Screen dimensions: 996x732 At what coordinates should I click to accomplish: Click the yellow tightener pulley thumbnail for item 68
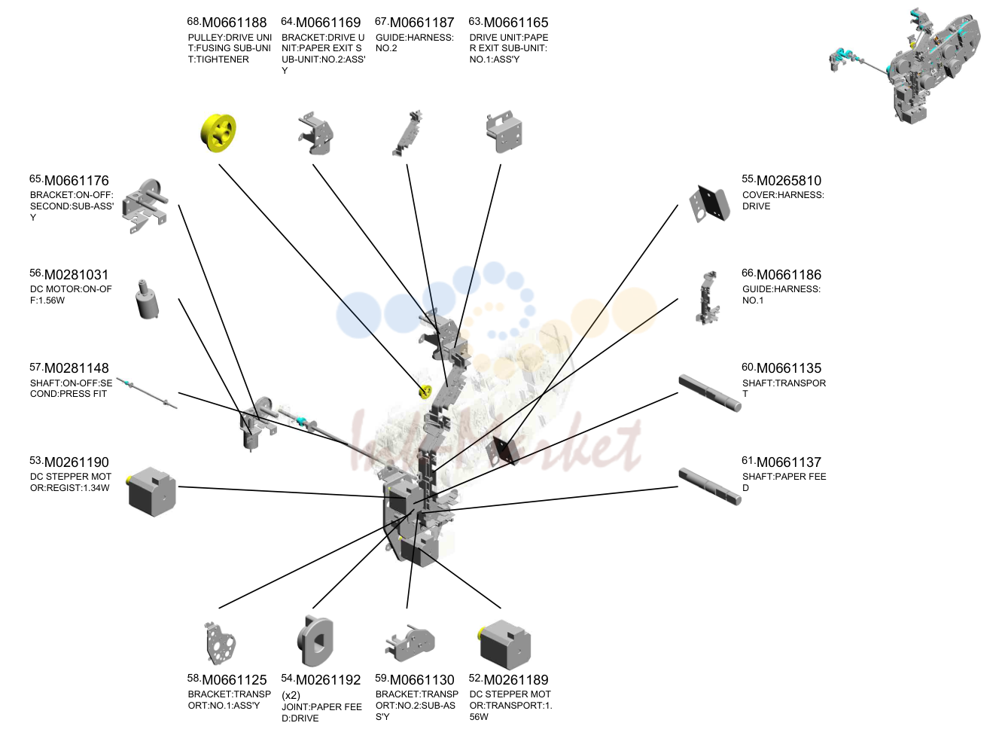point(218,133)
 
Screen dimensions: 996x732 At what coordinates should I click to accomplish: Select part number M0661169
point(328,23)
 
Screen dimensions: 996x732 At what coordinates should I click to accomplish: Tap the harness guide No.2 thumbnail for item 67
point(408,133)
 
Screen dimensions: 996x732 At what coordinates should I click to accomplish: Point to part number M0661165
point(516,23)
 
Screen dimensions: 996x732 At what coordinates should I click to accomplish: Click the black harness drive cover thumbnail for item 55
point(710,203)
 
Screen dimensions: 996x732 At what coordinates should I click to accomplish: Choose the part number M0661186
point(789,274)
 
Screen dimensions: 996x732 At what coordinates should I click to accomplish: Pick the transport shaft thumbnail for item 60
point(710,393)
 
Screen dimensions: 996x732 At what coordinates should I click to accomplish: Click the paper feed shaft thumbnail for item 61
point(710,486)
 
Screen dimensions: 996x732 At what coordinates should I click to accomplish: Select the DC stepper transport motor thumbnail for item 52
point(504,645)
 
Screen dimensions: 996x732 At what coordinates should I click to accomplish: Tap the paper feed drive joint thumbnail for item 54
point(315,641)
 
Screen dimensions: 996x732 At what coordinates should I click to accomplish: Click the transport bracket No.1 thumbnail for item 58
point(220,643)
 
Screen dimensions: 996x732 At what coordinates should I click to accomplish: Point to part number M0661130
point(422,679)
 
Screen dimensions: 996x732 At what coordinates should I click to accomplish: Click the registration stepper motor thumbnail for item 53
point(151,492)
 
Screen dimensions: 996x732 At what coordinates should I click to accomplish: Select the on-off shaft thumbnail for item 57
point(147,393)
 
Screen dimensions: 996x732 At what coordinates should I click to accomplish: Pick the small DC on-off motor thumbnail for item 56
point(147,299)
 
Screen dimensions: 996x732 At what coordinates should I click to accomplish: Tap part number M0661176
point(77,181)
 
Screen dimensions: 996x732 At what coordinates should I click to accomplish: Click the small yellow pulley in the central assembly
point(425,392)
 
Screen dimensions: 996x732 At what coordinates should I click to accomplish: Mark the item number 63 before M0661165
point(475,21)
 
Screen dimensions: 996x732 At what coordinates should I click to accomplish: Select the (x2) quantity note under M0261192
point(291,695)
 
